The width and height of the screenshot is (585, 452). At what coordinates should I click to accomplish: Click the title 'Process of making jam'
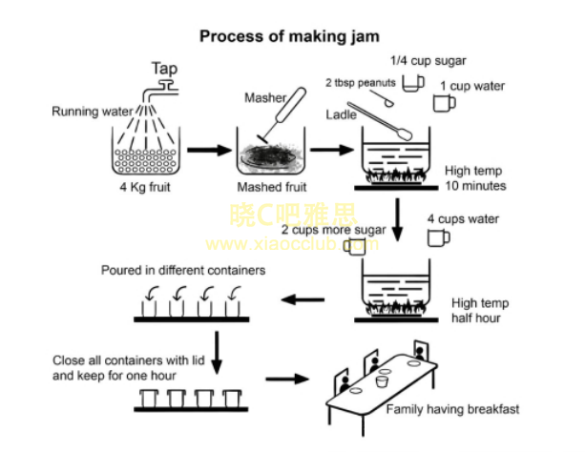(x=289, y=36)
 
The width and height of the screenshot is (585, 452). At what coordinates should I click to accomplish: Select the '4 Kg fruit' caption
(x=143, y=186)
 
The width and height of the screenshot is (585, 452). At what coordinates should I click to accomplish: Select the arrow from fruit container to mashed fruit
(x=204, y=150)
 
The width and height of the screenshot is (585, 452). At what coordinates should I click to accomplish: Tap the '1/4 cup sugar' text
(x=428, y=60)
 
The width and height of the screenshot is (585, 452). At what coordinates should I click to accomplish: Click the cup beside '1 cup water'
(x=444, y=104)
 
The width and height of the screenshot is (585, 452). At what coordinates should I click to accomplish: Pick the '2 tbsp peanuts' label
(x=357, y=83)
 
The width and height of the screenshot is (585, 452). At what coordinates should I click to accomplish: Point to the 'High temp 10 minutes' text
(x=475, y=178)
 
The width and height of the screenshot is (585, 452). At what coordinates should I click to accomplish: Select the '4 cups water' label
(x=463, y=219)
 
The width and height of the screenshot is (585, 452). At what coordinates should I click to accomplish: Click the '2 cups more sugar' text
(x=333, y=231)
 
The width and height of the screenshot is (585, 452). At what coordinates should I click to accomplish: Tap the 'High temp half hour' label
(x=476, y=310)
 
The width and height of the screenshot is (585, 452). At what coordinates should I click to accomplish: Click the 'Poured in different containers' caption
(x=183, y=270)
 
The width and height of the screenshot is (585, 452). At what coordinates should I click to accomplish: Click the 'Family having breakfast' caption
(x=452, y=409)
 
